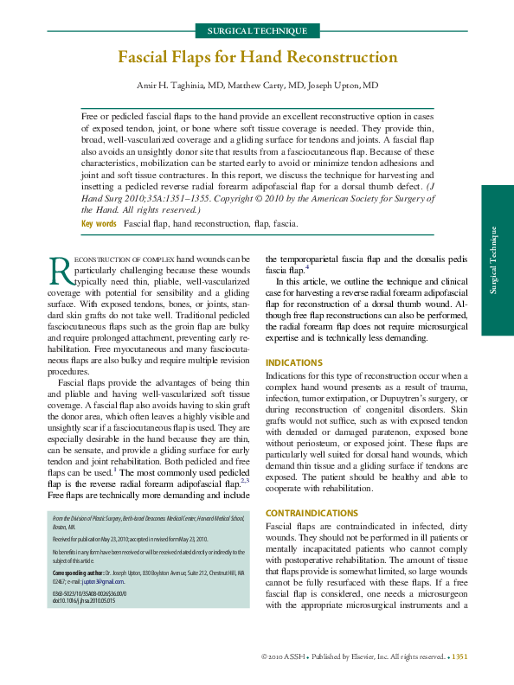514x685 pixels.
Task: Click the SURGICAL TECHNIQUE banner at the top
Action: point(256,31)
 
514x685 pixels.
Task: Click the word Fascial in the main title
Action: point(148,58)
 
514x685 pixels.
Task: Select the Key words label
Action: point(99,224)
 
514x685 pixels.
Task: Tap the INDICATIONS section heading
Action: point(294,362)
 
